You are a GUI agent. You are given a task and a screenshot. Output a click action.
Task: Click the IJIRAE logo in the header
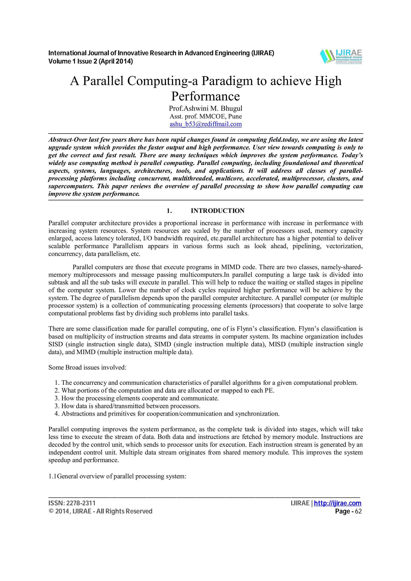[341, 56]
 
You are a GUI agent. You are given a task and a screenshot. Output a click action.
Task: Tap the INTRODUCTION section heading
[217, 211]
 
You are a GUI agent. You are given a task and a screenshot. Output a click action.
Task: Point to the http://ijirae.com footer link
[337, 503]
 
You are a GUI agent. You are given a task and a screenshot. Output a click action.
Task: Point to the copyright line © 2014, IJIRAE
[100, 511]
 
